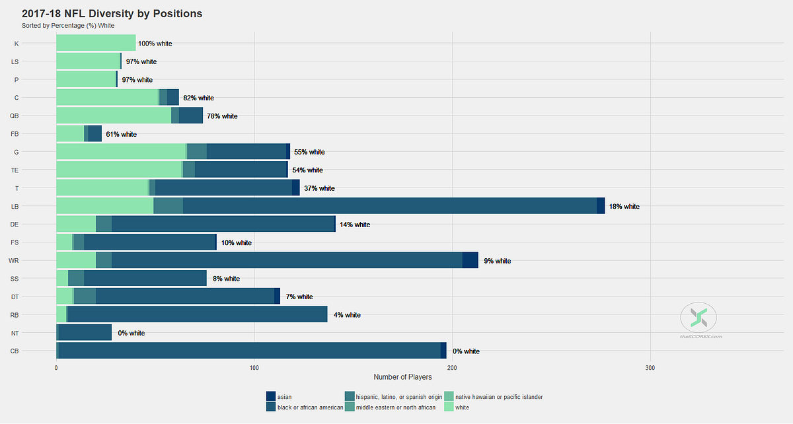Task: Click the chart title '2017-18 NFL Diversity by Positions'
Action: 112,14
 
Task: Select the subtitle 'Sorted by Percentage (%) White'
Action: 68,26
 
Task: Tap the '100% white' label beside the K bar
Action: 155,44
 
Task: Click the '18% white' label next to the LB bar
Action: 624,206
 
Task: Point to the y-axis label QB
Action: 14,116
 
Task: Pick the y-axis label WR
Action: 14,261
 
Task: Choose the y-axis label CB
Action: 15,351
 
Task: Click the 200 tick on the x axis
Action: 452,368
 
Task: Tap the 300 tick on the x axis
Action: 650,368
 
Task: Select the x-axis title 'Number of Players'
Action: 402,377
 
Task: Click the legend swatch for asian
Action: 271,396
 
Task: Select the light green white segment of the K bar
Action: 96,43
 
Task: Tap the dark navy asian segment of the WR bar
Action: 470,260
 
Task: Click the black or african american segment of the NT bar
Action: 85,333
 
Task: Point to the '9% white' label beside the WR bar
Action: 498,261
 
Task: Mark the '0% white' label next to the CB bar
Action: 466,351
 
